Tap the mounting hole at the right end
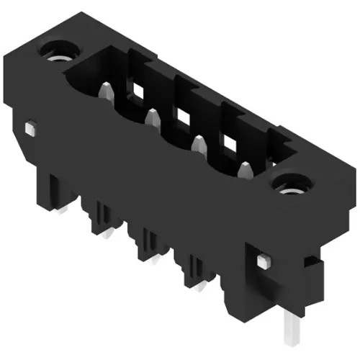coord(293,186)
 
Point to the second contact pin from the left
coord(153,117)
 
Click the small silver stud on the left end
coord(30,127)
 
